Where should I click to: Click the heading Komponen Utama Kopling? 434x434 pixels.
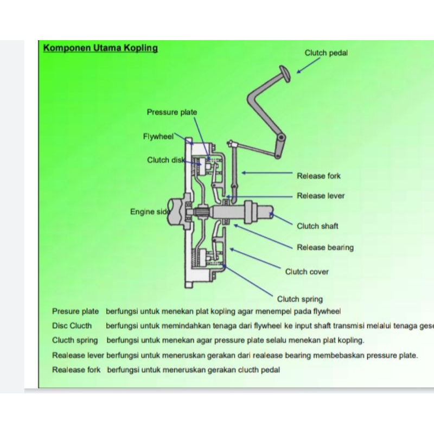(x=100, y=48)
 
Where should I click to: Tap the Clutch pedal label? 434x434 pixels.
(x=326, y=53)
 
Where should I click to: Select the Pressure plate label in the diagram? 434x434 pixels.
(x=172, y=112)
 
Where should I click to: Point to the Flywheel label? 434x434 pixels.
(x=158, y=136)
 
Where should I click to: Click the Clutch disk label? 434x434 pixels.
(x=166, y=160)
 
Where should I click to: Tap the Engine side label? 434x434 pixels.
(x=150, y=212)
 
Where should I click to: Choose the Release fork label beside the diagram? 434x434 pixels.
(x=318, y=176)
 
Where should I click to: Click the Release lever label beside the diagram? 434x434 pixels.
(x=321, y=196)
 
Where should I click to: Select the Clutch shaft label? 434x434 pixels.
(x=317, y=226)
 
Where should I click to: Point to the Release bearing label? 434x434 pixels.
(x=325, y=247)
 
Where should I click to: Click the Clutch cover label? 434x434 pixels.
(x=307, y=272)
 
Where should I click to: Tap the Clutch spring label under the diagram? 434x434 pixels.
(x=299, y=299)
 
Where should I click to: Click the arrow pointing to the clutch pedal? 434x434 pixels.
(x=309, y=65)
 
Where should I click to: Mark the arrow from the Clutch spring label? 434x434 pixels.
(x=249, y=280)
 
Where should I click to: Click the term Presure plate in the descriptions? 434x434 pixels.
(x=75, y=311)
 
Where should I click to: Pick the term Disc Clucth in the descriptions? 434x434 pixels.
(x=72, y=326)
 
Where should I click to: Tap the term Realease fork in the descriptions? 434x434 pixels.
(x=76, y=370)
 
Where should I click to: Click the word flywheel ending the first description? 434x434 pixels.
(x=325, y=311)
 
